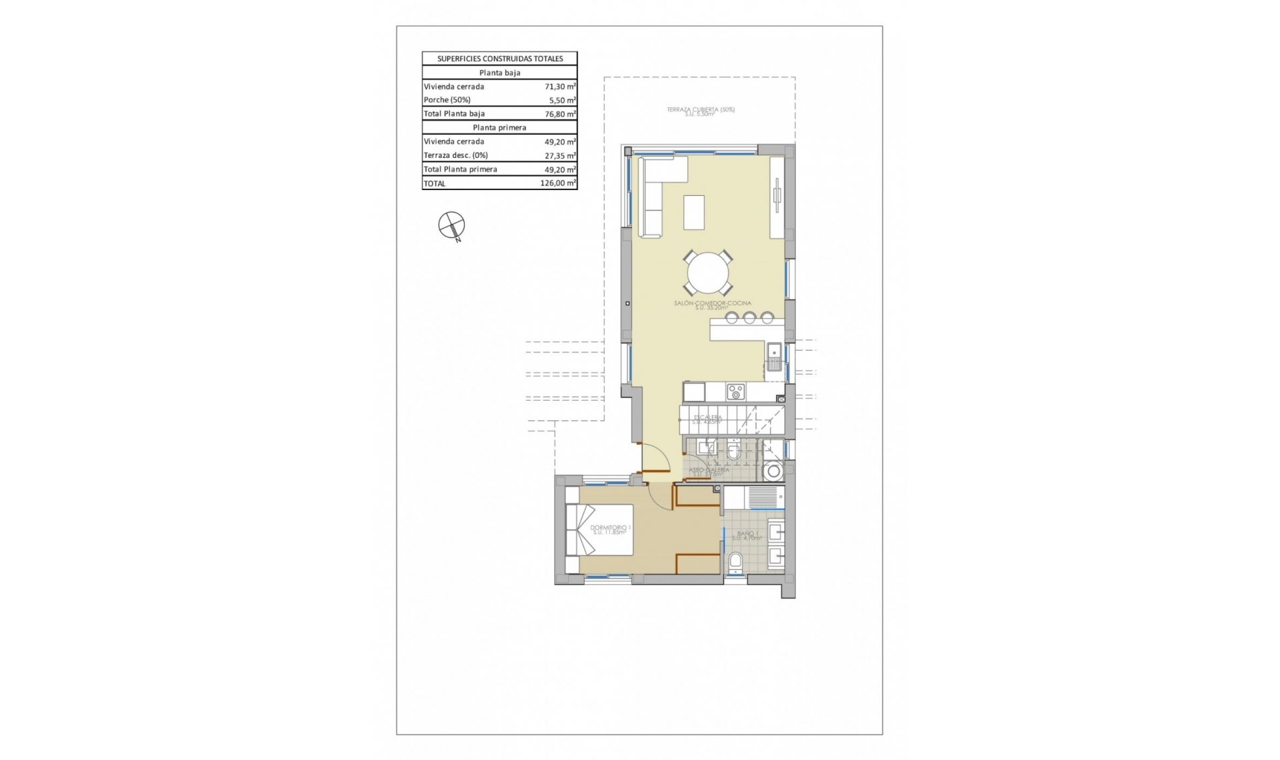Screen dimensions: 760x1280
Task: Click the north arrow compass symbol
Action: pyautogui.click(x=451, y=225)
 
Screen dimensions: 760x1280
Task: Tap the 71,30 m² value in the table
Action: pyautogui.click(x=560, y=87)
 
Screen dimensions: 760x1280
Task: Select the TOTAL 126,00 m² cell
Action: pyautogui.click(x=558, y=183)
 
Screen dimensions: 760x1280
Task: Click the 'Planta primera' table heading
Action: pyautogui.click(x=499, y=127)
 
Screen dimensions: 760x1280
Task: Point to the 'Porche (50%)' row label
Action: pyautogui.click(x=447, y=100)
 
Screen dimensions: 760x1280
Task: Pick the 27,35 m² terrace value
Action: pyautogui.click(x=560, y=155)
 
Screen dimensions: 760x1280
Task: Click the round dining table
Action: pyautogui.click(x=708, y=273)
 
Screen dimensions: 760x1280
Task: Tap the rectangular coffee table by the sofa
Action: pyautogui.click(x=694, y=212)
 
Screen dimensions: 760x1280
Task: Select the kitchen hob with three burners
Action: pyautogui.click(x=735, y=391)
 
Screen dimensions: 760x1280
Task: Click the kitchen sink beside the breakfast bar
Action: pyautogui.click(x=774, y=357)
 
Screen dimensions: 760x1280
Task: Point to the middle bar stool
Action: pyautogui.click(x=749, y=318)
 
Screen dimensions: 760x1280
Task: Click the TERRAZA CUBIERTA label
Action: pyautogui.click(x=701, y=109)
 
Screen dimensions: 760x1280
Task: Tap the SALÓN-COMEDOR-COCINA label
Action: pyautogui.click(x=713, y=303)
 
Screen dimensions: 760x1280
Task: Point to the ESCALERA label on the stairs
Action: pyautogui.click(x=707, y=418)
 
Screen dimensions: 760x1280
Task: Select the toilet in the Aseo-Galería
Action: pyautogui.click(x=733, y=452)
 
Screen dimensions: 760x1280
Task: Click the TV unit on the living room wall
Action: pyautogui.click(x=777, y=197)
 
